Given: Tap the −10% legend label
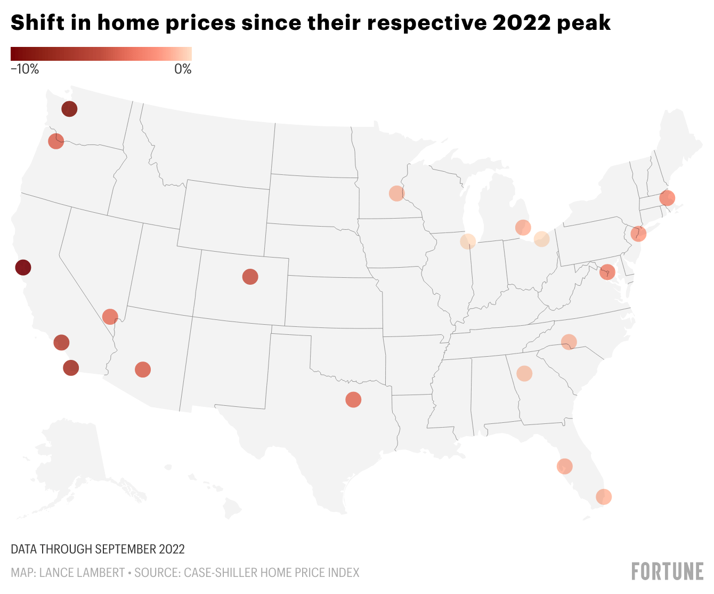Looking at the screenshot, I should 25,69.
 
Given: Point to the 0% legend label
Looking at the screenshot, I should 183,69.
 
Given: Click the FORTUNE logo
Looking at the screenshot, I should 667,571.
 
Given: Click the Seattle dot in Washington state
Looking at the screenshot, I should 69,109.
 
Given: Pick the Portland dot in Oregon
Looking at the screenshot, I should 56,141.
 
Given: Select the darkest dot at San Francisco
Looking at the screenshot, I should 23,267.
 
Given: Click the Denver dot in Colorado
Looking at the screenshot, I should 250,276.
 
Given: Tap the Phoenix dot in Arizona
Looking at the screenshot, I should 143,370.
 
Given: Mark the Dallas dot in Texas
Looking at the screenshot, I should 353,399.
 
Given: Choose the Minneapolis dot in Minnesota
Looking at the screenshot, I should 396,193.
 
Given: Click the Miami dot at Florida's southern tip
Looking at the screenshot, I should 604,497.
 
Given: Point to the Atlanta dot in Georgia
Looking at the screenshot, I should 524,373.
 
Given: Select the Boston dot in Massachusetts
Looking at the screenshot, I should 667,198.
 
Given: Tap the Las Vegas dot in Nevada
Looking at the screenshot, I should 110,317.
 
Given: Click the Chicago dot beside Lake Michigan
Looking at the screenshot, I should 468,242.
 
